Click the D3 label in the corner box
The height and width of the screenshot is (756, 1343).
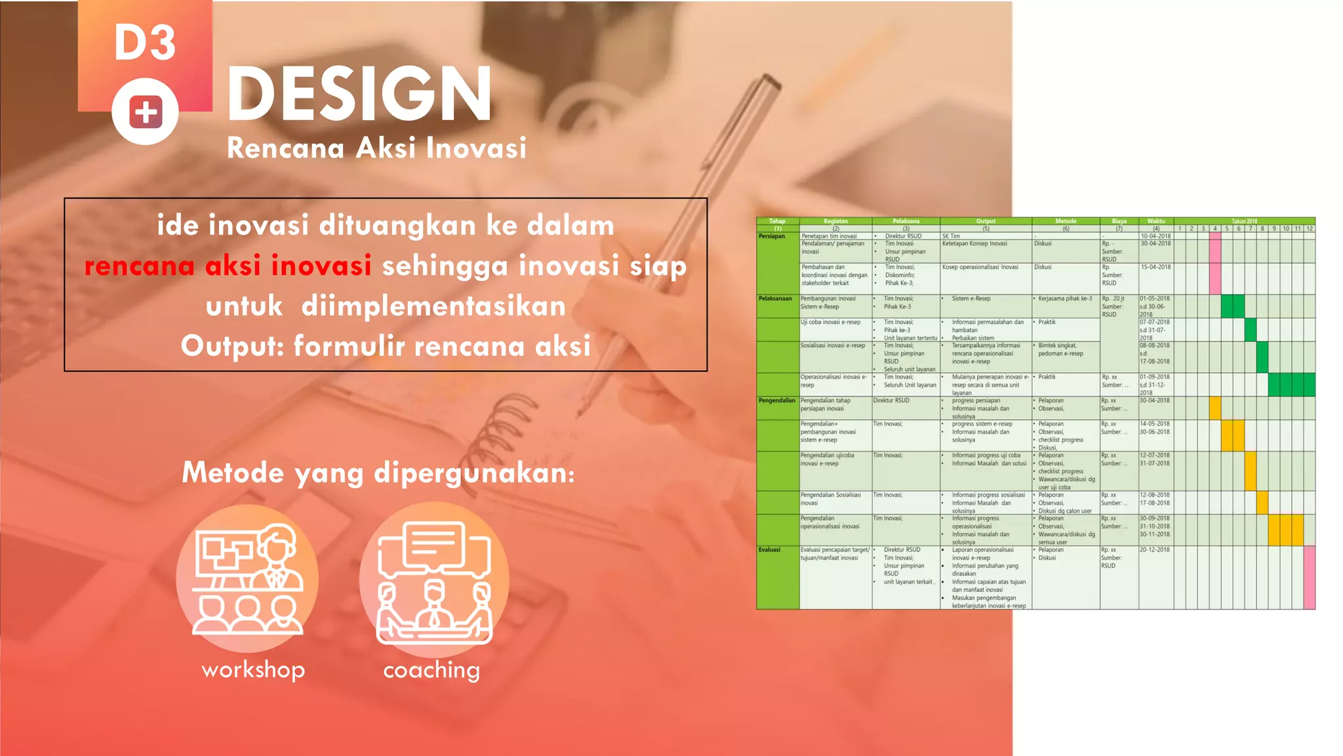click(145, 43)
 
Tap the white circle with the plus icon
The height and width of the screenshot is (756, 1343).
click(145, 112)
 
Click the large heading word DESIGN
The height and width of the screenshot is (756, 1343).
click(359, 94)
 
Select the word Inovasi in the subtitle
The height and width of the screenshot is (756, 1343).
click(476, 148)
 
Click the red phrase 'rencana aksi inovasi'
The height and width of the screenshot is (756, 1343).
click(228, 266)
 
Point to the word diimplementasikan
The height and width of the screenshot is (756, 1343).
click(433, 306)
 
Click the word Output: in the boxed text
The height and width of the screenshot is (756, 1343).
click(232, 346)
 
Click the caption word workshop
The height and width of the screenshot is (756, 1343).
click(253, 670)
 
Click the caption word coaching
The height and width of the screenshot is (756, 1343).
click(431, 670)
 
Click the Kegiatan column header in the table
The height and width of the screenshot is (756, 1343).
click(835, 221)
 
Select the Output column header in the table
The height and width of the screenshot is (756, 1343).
click(985, 221)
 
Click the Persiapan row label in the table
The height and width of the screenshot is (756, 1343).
click(772, 236)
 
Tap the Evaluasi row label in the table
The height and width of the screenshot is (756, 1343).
click(770, 550)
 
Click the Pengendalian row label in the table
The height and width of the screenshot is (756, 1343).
click(776, 400)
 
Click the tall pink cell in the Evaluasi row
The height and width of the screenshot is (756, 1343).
click(1309, 577)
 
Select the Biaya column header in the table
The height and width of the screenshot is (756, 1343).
click(1119, 221)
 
